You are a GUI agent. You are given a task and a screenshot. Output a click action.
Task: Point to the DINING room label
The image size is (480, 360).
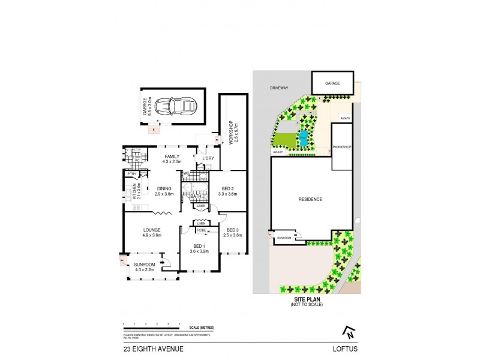pos(164,191)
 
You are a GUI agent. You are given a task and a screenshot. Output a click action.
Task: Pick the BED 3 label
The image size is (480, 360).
pos(232,232)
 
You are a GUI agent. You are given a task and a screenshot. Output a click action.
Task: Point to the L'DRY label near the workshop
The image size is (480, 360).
pos(208,159)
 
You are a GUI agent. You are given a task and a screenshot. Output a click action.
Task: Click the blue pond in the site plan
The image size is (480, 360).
pos(305,139)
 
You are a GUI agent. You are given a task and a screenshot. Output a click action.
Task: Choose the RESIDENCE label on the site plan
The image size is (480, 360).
pos(311,199)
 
